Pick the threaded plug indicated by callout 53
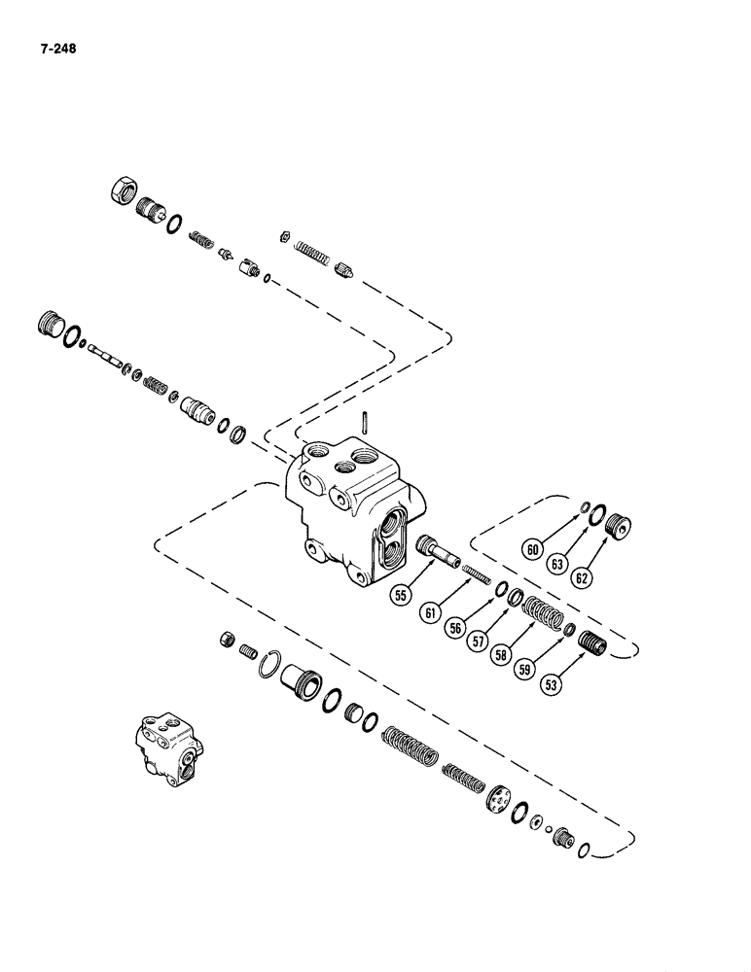589,644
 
